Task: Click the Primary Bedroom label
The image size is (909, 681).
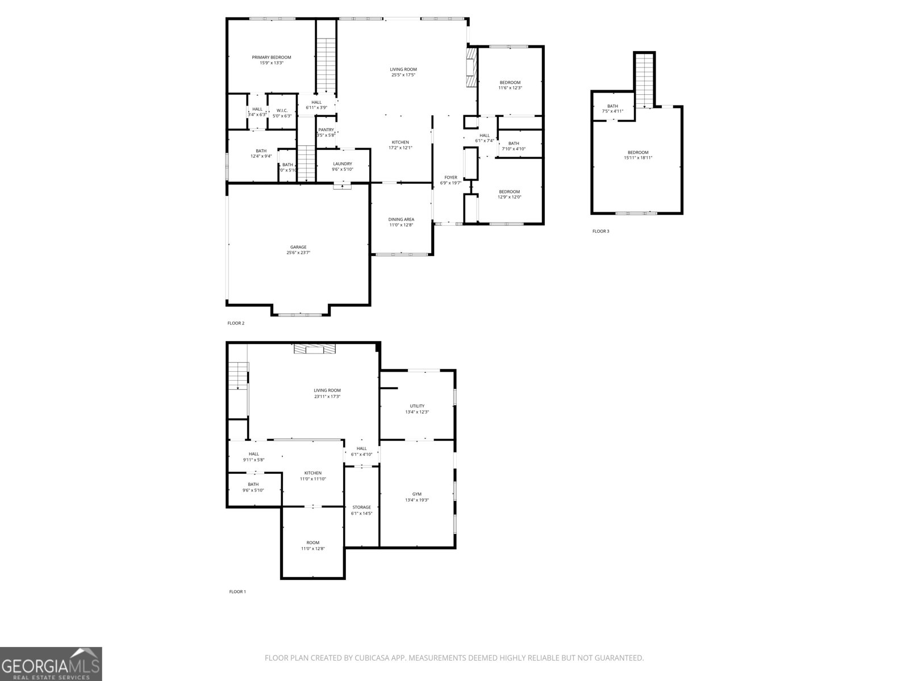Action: point(272,57)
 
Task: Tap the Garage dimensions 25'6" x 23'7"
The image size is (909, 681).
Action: point(298,253)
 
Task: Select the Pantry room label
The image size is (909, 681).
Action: point(326,130)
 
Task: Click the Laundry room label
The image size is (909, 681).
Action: point(343,164)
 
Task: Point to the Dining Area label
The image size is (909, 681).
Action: point(401,219)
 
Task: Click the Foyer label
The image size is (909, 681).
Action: point(451,178)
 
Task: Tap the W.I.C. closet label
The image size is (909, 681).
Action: point(282,110)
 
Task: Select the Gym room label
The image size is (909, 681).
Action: point(417,494)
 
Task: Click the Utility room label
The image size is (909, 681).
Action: point(417,406)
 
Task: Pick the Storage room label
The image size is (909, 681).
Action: point(361,507)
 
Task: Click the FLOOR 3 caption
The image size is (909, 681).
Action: point(601,232)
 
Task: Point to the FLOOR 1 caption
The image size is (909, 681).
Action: point(237,592)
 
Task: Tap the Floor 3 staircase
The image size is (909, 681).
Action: point(644,79)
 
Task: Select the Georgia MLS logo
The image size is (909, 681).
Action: point(51,663)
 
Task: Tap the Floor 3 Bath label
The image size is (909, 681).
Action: point(612,106)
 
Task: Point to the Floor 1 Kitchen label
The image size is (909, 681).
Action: point(312,473)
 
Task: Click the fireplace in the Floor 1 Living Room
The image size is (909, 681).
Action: point(314,349)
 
